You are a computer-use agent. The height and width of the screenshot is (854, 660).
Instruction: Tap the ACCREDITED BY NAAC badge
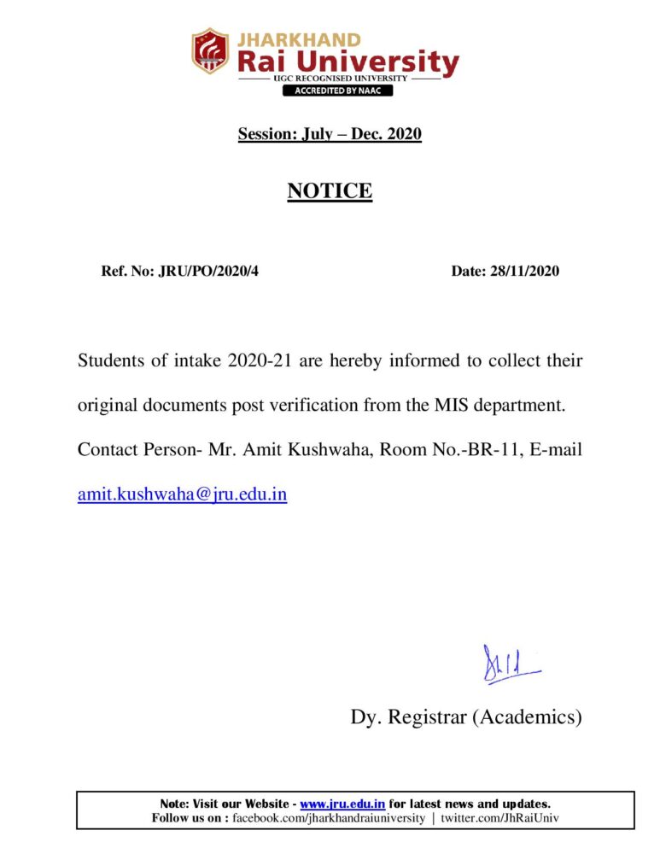click(x=338, y=91)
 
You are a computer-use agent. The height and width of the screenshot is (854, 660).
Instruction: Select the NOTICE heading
click(x=330, y=190)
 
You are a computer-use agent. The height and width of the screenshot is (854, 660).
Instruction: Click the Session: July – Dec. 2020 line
click(x=330, y=134)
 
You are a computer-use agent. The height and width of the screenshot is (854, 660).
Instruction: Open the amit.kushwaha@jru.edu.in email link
click(x=182, y=494)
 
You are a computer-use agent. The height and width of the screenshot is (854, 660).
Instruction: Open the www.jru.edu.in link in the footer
click(x=342, y=804)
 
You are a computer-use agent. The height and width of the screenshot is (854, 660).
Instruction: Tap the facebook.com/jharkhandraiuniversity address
click(x=329, y=818)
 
